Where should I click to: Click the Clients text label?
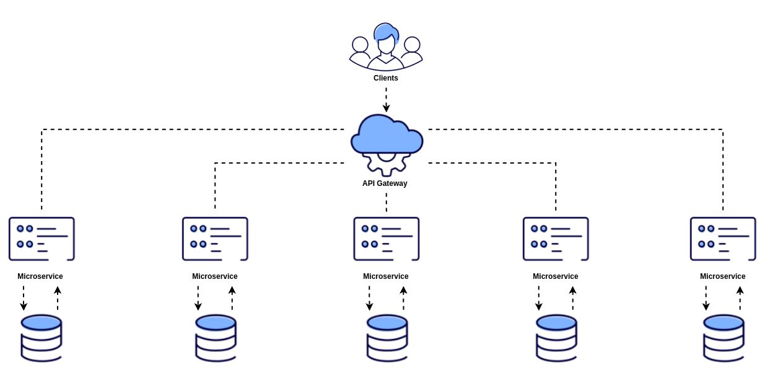tap(385, 78)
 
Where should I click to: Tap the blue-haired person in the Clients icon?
tap(386, 46)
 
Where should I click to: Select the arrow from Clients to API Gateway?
tap(387, 99)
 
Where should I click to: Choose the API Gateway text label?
tap(385, 183)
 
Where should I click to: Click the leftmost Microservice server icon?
tap(42, 239)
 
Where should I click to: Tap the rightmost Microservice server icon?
tap(723, 239)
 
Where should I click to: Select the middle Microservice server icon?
tap(387, 239)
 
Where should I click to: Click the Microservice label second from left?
tap(215, 276)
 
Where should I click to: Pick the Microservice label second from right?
tap(555, 276)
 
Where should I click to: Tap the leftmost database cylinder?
tap(42, 338)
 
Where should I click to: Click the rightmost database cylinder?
tap(723, 338)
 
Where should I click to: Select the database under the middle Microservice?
tap(387, 338)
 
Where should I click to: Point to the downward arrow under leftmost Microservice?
tap(24, 298)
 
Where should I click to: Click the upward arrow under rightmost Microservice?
tap(740, 298)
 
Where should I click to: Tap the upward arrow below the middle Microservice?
tap(403, 298)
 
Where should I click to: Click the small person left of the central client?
tap(360, 51)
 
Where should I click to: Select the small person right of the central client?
tap(412, 51)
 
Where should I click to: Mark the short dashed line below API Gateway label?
tap(387, 202)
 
